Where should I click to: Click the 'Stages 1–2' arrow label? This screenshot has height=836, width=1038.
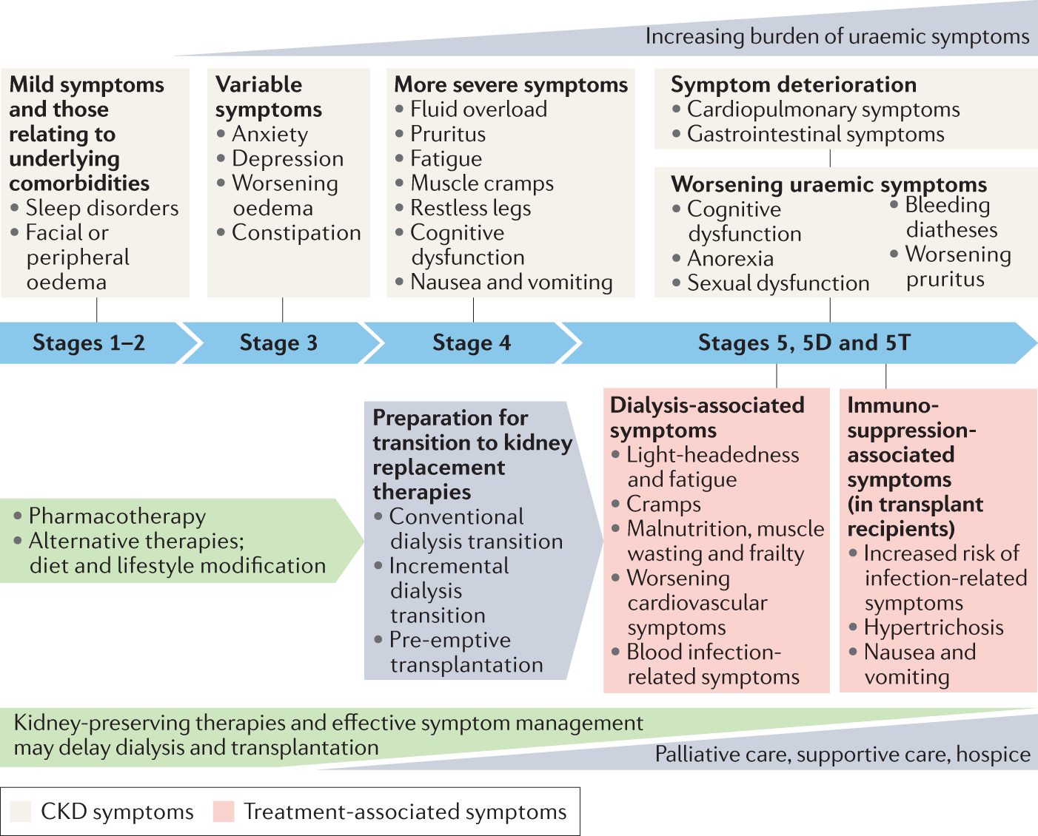pyautogui.click(x=89, y=343)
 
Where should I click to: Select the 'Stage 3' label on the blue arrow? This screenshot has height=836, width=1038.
pyautogui.click(x=279, y=343)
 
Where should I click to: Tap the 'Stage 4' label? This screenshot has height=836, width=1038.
pyautogui.click(x=472, y=343)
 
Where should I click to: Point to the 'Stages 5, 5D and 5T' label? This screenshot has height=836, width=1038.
pyautogui.click(x=805, y=343)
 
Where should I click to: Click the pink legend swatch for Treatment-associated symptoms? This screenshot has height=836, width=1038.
pyautogui.click(x=224, y=812)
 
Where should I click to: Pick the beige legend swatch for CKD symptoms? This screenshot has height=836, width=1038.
pyautogui.click(x=21, y=812)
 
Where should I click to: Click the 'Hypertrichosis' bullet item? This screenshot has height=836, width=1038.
pyautogui.click(x=934, y=627)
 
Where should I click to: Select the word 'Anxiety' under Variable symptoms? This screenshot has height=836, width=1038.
pyautogui.click(x=270, y=134)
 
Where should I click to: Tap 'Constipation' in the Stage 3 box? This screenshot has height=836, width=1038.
pyautogui.click(x=297, y=233)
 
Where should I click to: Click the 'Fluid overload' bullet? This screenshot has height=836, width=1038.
pyautogui.click(x=479, y=109)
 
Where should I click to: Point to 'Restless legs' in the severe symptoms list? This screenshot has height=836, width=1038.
pyautogui.click(x=471, y=209)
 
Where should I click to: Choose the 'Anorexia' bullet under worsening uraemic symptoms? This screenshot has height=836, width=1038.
pyautogui.click(x=731, y=258)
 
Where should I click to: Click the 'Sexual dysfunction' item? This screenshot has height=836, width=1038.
pyautogui.click(x=779, y=283)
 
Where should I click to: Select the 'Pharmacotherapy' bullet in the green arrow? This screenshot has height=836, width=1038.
pyautogui.click(x=117, y=516)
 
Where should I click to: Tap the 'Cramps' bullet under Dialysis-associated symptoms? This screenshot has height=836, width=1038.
pyautogui.click(x=663, y=505)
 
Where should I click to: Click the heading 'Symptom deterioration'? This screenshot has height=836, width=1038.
pyautogui.click(x=794, y=85)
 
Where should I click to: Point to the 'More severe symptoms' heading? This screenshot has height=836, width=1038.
pyautogui.click(x=512, y=85)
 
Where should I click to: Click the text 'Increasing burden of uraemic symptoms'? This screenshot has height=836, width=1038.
pyautogui.click(x=838, y=37)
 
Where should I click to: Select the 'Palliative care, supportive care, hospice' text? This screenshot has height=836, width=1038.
pyautogui.click(x=843, y=754)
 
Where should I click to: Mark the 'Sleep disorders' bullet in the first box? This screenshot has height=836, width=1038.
pyautogui.click(x=102, y=209)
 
